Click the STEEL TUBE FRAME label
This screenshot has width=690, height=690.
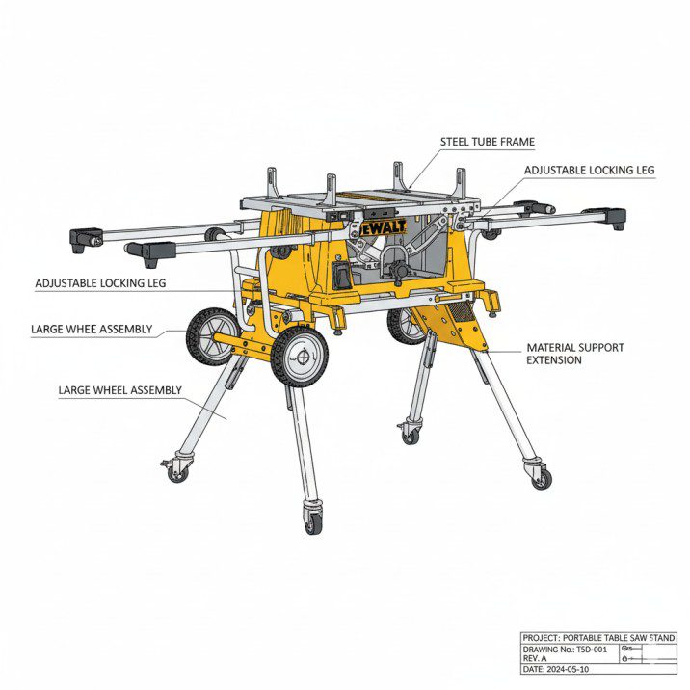tap(487, 142)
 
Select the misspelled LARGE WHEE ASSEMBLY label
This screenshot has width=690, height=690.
tap(92, 330)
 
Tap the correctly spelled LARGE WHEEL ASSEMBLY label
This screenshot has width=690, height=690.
tap(120, 390)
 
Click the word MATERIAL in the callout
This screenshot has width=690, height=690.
tap(549, 348)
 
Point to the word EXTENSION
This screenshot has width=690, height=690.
tap(554, 360)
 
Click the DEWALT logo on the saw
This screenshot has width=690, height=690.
tap(382, 227)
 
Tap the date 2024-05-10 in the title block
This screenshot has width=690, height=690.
tap(568, 670)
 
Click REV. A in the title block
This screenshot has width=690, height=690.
tap(535, 659)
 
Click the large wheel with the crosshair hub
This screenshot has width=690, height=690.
tap(300, 358)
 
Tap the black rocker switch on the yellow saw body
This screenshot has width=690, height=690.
tap(342, 276)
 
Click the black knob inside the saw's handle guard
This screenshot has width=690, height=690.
tap(399, 268)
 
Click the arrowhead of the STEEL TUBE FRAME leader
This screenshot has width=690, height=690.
tap(410, 188)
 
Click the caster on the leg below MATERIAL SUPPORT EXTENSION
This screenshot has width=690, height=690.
tap(540, 474)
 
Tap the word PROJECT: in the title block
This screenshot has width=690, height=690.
tap(542, 638)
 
